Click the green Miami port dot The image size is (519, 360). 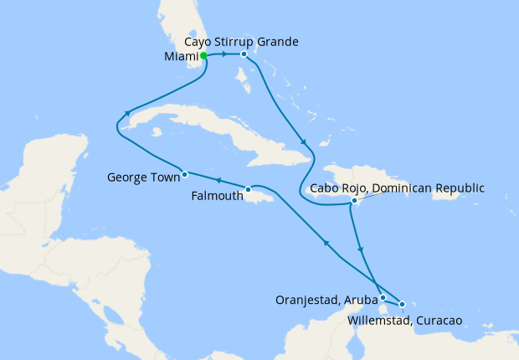coord(203,56)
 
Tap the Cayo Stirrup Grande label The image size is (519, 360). coord(240,41)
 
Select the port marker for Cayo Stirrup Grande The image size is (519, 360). coord(244,55)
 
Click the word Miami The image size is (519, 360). coord(181,57)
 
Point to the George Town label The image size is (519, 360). coord(143,177)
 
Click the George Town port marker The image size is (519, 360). coord(184,175)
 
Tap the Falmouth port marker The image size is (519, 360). coord(249,189)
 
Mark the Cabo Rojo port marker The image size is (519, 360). coord(355,201)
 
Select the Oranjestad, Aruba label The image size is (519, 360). coord(323,298)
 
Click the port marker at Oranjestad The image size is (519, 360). coord(383,297)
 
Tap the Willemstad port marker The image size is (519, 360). coord(403,304)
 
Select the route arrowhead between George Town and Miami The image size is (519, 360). coord(127,115)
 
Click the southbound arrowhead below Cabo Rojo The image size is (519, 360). coord(361,249)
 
